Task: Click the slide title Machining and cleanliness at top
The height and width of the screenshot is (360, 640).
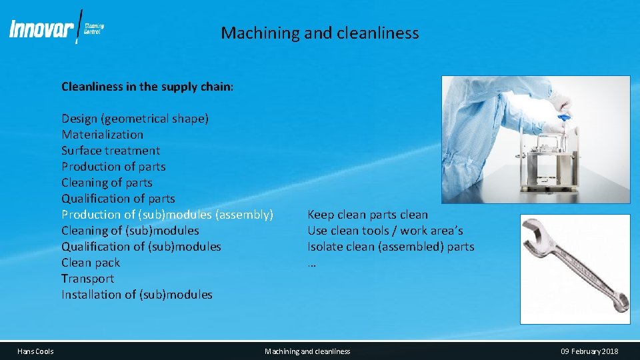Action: [x=320, y=33]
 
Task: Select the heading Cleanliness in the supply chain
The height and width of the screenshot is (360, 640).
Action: [x=147, y=87]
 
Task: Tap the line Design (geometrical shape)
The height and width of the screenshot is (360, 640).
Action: [x=135, y=119]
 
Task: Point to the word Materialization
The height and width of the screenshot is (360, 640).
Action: [x=102, y=135]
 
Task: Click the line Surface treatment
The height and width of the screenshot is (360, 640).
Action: [x=111, y=151]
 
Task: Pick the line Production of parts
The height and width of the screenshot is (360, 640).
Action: [x=113, y=167]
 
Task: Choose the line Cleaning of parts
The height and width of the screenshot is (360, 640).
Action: [x=107, y=183]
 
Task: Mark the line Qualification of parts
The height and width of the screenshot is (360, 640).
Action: [x=118, y=199]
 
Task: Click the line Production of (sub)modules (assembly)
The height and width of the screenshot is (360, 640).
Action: [x=167, y=215]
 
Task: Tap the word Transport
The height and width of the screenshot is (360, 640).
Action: [x=87, y=279]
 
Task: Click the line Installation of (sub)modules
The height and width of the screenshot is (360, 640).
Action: [x=137, y=295]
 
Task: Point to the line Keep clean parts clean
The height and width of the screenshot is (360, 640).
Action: [x=367, y=215]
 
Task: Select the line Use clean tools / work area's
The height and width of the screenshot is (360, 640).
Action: [x=385, y=231]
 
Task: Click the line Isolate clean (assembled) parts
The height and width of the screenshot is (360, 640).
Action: [x=391, y=247]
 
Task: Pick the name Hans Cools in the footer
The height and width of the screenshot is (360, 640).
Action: [x=36, y=351]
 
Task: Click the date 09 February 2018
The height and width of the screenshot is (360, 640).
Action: [x=589, y=351]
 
